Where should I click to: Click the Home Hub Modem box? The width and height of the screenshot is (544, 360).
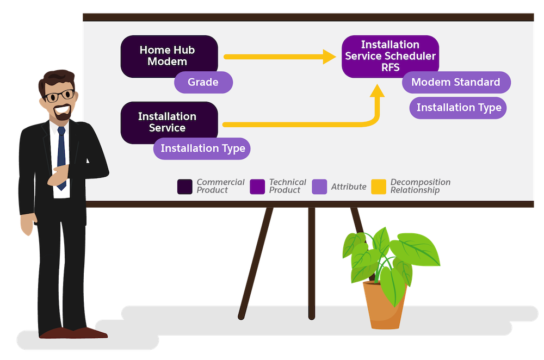tap(169, 55)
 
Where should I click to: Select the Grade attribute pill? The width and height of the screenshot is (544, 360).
tap(203, 82)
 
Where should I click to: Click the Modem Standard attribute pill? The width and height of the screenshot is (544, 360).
tap(456, 82)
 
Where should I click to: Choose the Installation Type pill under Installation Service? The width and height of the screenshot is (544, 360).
tap(202, 148)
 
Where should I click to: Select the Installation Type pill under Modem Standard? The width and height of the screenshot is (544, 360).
tap(458, 108)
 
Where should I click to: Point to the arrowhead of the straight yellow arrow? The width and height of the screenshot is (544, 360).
tap(329, 57)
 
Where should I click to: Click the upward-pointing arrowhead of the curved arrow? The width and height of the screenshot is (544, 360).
tap(377, 90)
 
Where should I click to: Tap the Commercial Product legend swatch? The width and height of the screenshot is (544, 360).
tap(184, 187)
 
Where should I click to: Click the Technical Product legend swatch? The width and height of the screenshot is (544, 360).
tap(257, 187)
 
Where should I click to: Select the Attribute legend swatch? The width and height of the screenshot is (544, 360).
tap(319, 187)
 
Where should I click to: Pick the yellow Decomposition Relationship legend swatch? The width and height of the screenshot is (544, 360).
tap(379, 187)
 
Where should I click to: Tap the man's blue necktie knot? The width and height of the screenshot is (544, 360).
tap(61, 131)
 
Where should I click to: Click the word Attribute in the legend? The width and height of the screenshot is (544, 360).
tap(349, 187)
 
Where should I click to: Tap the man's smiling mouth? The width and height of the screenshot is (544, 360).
tap(62, 110)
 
